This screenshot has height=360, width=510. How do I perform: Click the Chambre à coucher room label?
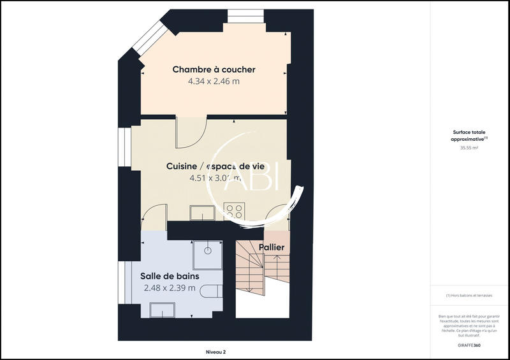[x=214, y=69]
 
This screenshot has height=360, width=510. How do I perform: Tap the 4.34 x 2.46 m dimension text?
[x=214, y=82]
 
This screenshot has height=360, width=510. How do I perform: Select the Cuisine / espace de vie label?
[x=215, y=166]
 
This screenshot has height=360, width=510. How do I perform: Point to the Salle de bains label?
[x=170, y=276]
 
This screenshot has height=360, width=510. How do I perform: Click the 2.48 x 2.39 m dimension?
[x=170, y=288]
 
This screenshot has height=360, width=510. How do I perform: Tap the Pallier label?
[x=272, y=247]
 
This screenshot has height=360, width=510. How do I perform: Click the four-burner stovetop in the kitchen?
[x=233, y=212]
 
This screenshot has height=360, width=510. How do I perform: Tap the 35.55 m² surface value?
[x=469, y=148]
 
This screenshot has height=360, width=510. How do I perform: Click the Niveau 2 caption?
[x=215, y=352]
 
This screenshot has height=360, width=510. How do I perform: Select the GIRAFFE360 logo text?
[x=469, y=345]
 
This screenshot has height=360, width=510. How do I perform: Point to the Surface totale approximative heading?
[x=469, y=136]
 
